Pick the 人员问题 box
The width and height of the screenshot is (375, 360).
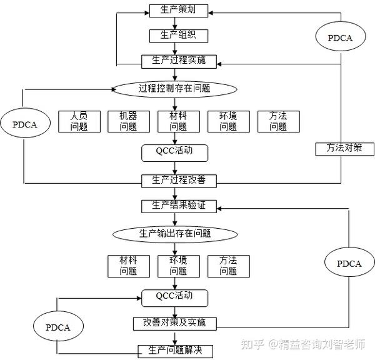point(79,121)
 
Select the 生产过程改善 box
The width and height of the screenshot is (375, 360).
point(179,181)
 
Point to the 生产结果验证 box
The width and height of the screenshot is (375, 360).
point(179,206)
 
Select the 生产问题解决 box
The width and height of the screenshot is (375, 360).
point(175,350)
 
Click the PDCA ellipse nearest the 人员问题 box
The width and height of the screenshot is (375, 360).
point(25,124)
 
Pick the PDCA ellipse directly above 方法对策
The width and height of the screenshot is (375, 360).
point(341,37)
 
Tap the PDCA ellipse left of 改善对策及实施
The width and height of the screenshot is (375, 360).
point(58,327)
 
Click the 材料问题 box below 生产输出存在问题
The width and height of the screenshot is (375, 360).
point(128,266)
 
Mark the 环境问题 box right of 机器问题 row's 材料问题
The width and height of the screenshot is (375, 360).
point(228,121)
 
